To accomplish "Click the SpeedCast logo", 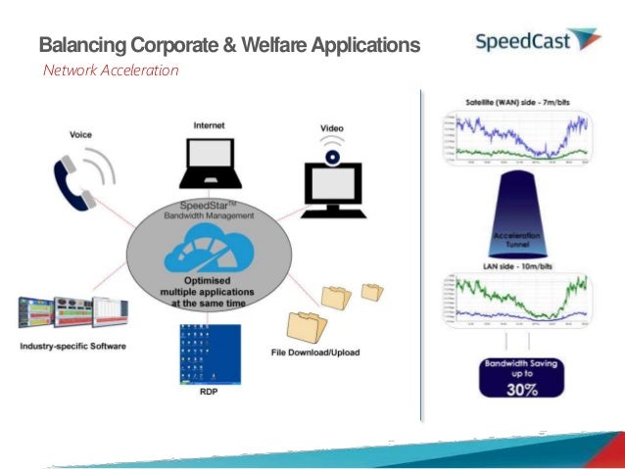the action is [537, 41].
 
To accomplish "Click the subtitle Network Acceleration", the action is [110, 70].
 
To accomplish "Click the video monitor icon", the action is [333, 185].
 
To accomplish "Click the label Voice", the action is [80, 134].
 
